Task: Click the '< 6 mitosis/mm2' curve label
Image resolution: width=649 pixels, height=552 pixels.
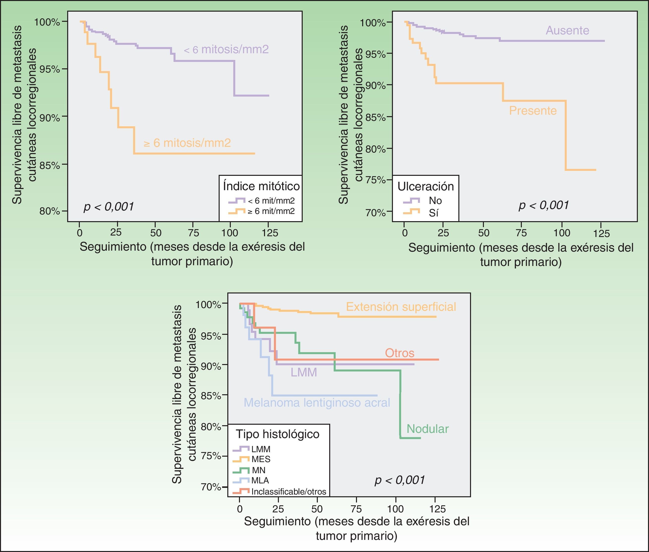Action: (226, 50)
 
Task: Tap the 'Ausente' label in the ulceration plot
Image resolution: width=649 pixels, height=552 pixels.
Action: (567, 31)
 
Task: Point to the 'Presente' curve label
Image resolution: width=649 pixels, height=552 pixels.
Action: (533, 111)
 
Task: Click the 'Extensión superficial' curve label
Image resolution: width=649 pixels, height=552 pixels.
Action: (401, 307)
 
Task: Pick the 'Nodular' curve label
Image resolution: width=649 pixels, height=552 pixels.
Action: (428, 429)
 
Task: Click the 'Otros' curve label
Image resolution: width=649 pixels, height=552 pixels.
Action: (399, 353)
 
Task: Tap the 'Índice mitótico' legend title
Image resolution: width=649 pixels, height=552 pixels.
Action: (261, 186)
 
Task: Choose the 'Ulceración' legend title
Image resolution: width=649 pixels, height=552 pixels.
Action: (425, 186)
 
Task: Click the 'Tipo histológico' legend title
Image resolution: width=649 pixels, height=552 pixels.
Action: (277, 434)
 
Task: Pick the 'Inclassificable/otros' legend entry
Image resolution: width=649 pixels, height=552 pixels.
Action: (289, 492)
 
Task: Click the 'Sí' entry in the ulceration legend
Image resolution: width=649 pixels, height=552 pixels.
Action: (434, 213)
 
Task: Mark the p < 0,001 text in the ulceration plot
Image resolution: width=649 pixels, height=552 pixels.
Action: (543, 205)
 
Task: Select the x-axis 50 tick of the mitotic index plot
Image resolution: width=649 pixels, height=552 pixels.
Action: (156, 233)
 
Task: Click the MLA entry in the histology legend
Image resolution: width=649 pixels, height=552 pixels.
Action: (260, 480)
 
